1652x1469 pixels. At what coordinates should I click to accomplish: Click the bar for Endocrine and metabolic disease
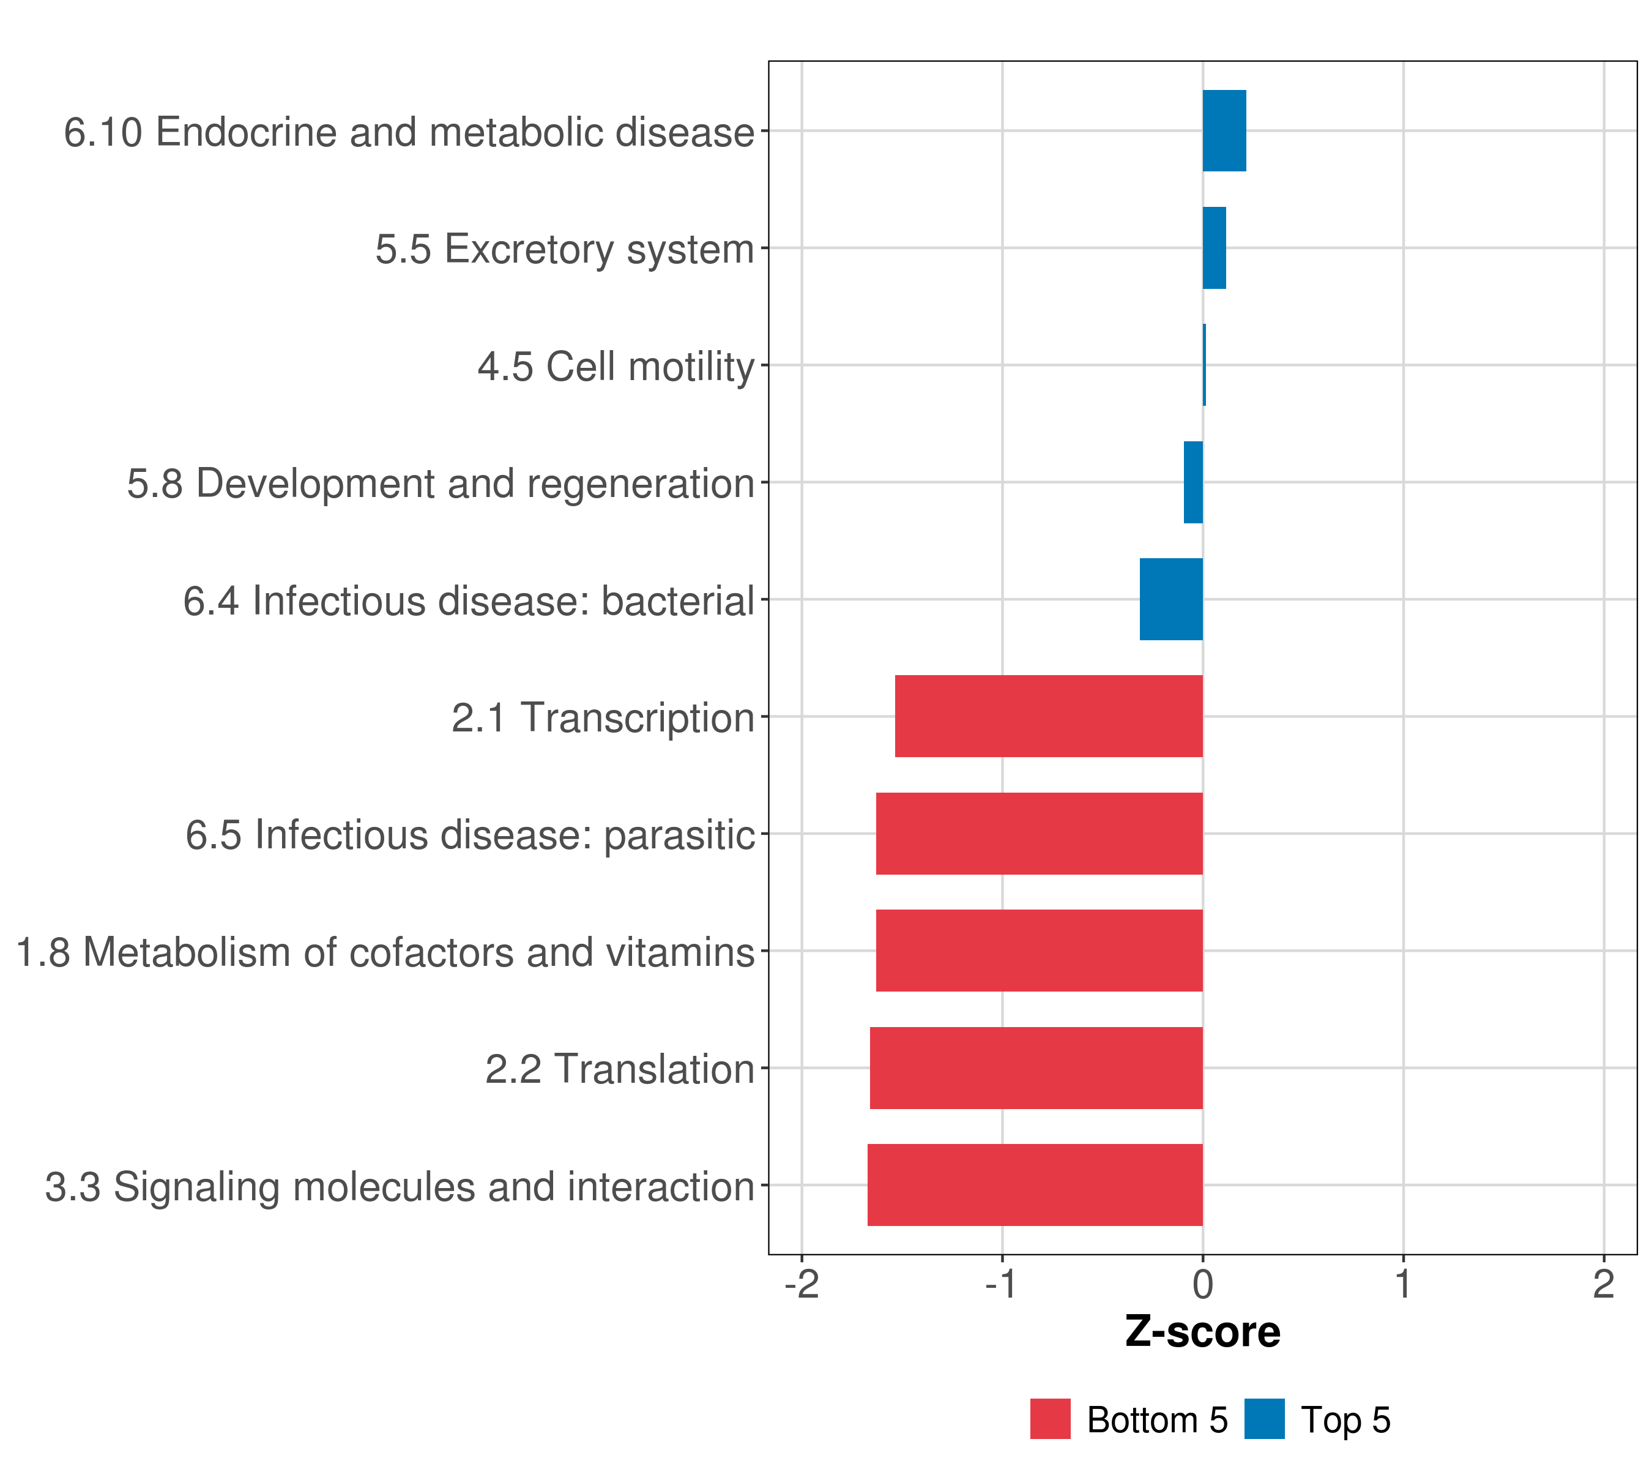click(x=1224, y=131)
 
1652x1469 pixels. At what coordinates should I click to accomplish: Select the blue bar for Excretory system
click(x=1214, y=249)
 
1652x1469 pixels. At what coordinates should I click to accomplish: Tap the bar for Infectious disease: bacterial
click(x=1171, y=599)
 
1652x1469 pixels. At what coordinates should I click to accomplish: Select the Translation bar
click(x=1035, y=1068)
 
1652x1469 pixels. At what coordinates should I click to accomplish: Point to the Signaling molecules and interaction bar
click(x=1035, y=1185)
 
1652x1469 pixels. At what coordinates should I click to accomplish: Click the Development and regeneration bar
click(x=1193, y=483)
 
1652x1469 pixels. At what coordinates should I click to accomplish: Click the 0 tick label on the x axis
click(x=1203, y=1285)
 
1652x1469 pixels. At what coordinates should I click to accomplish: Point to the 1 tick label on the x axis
click(x=1403, y=1285)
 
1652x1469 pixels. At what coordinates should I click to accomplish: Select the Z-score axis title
click(x=1203, y=1333)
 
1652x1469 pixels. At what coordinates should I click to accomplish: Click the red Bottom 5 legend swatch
click(x=1050, y=1419)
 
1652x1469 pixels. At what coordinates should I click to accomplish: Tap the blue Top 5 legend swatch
click(x=1264, y=1419)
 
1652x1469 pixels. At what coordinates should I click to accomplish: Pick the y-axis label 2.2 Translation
click(x=619, y=1069)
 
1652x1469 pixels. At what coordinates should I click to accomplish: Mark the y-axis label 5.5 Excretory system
click(x=564, y=250)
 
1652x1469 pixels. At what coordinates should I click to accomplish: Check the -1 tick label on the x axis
click(x=1002, y=1285)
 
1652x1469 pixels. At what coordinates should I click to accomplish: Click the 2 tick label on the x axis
click(x=1604, y=1285)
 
